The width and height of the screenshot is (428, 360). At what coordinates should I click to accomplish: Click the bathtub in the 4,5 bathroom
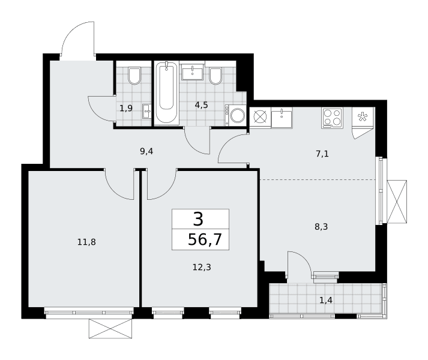point(166,93)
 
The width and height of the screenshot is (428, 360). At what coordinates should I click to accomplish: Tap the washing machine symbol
point(235,115)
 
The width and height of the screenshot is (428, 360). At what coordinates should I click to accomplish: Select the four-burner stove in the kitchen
point(332,118)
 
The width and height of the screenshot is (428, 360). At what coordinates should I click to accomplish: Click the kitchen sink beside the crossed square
point(282,118)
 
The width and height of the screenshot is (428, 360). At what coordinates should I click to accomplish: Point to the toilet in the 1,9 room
point(134,76)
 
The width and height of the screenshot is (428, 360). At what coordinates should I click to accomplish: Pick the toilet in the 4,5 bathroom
point(216,76)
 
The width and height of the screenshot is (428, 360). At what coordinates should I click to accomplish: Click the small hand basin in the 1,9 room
point(146,112)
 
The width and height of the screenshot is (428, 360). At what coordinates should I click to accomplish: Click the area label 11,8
point(86,242)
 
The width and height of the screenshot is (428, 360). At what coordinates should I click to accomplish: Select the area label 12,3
point(202,268)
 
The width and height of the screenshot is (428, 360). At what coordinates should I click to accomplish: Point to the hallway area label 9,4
point(146,151)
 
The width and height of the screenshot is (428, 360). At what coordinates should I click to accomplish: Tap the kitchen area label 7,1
point(322,154)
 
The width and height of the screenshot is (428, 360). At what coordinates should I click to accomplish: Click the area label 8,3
point(321,227)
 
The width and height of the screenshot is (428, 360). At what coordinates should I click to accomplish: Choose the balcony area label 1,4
point(325,300)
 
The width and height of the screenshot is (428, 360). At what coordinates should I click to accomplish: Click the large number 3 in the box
point(198,219)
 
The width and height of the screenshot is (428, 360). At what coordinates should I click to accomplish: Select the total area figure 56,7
point(205,240)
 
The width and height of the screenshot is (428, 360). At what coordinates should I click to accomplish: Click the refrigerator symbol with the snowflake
point(363,117)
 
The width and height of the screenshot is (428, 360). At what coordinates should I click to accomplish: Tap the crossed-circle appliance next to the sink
point(260,118)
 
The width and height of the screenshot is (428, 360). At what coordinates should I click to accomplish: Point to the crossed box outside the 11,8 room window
point(110,329)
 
